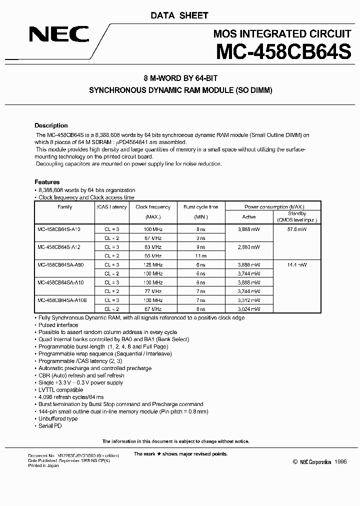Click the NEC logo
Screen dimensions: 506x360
[x=59, y=34]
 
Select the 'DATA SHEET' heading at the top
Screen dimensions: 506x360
[x=179, y=15]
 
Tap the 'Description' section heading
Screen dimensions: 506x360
[x=51, y=125]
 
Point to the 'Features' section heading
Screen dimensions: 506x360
[x=47, y=182]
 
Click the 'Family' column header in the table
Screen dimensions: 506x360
[x=65, y=207]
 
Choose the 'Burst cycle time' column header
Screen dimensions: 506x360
[x=200, y=207]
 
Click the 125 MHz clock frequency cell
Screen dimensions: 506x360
[x=153, y=265]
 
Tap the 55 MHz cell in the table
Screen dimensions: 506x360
[x=153, y=255]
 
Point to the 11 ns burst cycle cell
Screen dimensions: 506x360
[x=200, y=255]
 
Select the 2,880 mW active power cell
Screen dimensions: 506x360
[x=249, y=247]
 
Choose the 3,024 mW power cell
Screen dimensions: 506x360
[x=249, y=309]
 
